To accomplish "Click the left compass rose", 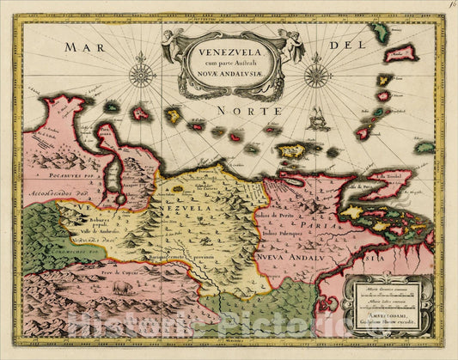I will pyautogui.click(x=141, y=74).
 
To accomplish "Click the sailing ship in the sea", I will pyautogui.click(x=319, y=119).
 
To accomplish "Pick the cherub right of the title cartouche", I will pyautogui.click(x=290, y=43).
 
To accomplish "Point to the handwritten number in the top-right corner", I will pyautogui.click(x=451, y=7).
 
